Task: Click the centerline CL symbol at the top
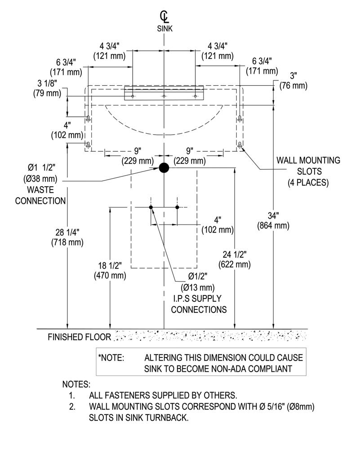tap(164, 17)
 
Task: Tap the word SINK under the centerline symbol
tap(165, 29)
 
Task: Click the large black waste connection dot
tap(164, 168)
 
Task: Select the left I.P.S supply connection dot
tap(151, 207)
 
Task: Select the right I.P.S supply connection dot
tap(177, 207)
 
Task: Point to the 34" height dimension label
tap(273, 216)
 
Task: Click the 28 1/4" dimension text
tap(67, 232)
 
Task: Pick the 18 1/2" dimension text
tap(110, 265)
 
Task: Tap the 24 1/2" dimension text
tap(235, 254)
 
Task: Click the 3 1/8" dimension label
tap(47, 83)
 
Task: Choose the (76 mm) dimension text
tap(293, 86)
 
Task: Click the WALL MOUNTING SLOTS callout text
tap(308, 171)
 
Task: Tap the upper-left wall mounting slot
tap(88, 118)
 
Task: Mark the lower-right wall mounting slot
tap(240, 145)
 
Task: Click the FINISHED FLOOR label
tap(80, 337)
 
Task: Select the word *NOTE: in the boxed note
tap(111, 358)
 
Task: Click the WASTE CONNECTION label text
tap(40, 195)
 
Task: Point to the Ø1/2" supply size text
tap(198, 276)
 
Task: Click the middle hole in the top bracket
tap(164, 96)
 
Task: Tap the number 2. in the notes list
tap(72, 407)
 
